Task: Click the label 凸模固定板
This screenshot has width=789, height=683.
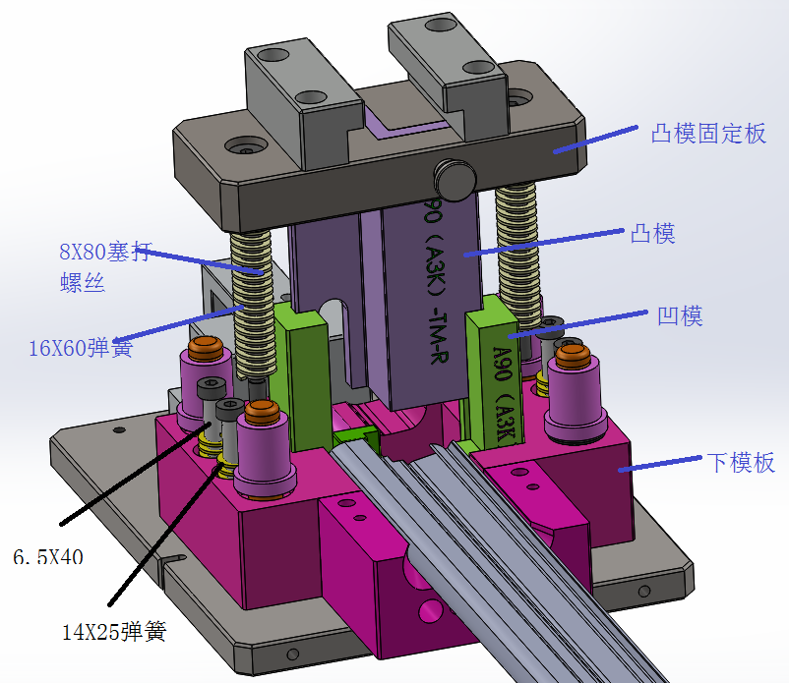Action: (x=707, y=134)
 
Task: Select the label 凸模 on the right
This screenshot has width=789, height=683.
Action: (x=651, y=234)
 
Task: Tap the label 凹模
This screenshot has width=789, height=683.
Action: (x=679, y=316)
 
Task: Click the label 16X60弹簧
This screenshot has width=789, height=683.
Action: (x=81, y=348)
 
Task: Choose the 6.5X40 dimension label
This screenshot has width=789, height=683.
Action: (x=47, y=557)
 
